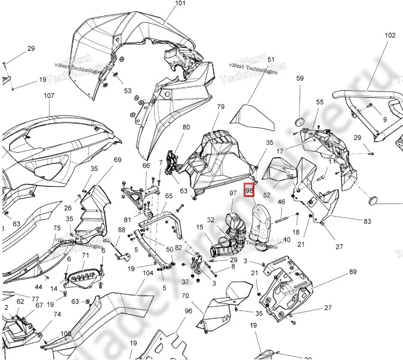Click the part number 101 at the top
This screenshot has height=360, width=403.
pyautogui.click(x=164, y=4)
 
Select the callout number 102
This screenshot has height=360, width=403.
pyautogui.click(x=390, y=35)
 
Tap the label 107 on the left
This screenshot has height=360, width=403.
pyautogui.click(x=48, y=96)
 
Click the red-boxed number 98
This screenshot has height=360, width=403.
pyautogui.click(x=250, y=190)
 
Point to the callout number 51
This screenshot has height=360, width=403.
pyautogui.click(x=270, y=60)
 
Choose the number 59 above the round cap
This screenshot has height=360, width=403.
pyautogui.click(x=300, y=78)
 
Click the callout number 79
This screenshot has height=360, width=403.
pyautogui.click(x=220, y=107)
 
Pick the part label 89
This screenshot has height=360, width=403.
pyautogui.click(x=353, y=272)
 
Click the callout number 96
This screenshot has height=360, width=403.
pyautogui.click(x=188, y=311)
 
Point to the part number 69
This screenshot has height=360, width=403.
pyautogui.click(x=118, y=159)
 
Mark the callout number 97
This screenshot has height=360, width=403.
pyautogui.click(x=233, y=193)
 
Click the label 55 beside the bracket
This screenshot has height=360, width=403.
pyautogui.click(x=320, y=103)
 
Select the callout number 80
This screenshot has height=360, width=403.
pyautogui.click(x=186, y=127)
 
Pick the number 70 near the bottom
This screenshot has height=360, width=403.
pyautogui.click(x=185, y=296)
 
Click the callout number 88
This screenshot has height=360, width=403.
pyautogui.click(x=121, y=230)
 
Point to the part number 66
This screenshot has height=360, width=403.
pyautogui.click(x=146, y=165)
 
